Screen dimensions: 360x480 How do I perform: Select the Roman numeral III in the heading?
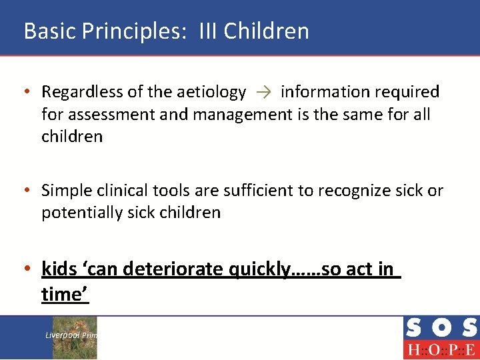[207, 31]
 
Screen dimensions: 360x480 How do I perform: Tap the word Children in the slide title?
[267, 31]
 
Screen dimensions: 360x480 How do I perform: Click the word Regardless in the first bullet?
[81, 92]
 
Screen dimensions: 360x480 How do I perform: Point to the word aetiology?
[211, 92]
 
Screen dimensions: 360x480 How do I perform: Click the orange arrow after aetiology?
[263, 92]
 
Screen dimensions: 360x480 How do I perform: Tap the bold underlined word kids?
[59, 269]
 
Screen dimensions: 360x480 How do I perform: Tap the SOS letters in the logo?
[441, 328]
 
